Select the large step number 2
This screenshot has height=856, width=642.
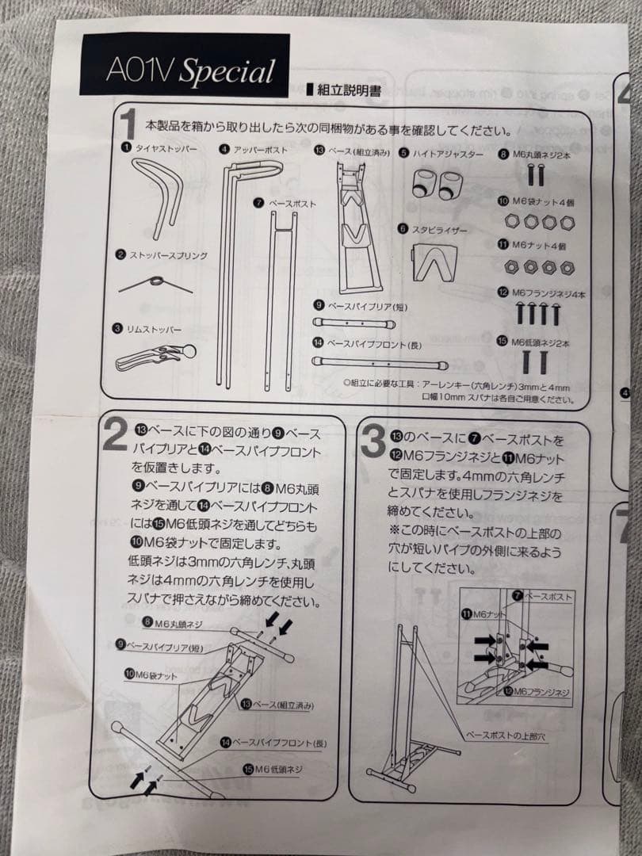pos(115,437)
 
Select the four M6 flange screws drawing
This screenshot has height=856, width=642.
pos(538,313)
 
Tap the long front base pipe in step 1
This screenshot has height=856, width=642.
pos(379,362)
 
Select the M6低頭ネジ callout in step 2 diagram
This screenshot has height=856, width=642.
pos(273,770)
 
